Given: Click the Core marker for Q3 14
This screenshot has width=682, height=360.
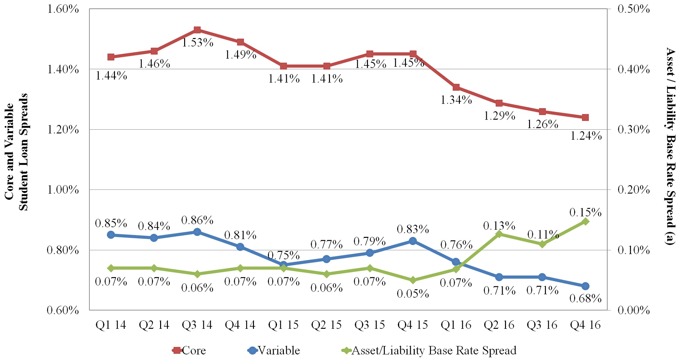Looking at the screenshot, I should click(197, 30).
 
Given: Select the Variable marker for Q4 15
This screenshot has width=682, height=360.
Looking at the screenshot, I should click(413, 241).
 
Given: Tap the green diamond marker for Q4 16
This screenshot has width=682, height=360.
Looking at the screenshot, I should click(585, 222).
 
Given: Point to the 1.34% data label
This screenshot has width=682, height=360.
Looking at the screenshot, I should click(456, 100).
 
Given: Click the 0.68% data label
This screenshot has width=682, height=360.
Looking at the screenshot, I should click(585, 298).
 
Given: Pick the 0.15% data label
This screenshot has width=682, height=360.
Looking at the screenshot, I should click(585, 212).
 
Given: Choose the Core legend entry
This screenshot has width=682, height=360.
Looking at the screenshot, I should click(190, 351).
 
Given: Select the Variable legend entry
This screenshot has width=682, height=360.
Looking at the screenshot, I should click(274, 351).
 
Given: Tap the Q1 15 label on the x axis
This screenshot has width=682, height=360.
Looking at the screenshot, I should click(283, 325).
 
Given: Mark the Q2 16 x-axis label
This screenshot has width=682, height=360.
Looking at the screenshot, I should click(499, 325).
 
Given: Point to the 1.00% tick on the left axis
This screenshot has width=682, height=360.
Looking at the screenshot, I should click(63, 190).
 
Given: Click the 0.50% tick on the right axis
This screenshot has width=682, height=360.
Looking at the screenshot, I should click(634, 9).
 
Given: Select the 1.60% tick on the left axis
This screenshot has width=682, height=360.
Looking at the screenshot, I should click(63, 9).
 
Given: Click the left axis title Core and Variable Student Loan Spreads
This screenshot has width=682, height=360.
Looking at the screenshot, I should click(16, 152).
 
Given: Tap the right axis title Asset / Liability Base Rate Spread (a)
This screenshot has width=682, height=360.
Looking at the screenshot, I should click(670, 146).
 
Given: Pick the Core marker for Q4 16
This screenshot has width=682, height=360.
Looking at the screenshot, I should click(585, 117).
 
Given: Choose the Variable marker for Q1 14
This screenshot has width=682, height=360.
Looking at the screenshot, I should click(111, 235).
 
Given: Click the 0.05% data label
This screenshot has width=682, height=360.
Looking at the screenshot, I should click(413, 294).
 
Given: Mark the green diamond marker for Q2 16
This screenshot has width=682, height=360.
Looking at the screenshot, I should click(499, 234).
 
